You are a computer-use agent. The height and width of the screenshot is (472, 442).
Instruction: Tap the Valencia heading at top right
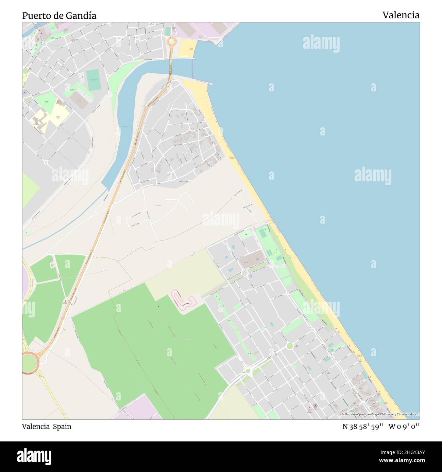click(x=401, y=15)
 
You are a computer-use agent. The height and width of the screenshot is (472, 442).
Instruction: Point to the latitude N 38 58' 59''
click(x=363, y=426)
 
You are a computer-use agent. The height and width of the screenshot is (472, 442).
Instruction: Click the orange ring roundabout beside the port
click(x=171, y=42)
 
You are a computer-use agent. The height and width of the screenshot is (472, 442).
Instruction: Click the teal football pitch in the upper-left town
click(x=92, y=80)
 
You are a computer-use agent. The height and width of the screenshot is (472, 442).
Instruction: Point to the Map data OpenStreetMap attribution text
click(x=380, y=414)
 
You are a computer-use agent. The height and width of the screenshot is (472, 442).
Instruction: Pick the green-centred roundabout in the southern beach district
click(x=290, y=346)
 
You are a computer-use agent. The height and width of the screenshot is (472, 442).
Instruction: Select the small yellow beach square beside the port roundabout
click(x=187, y=48)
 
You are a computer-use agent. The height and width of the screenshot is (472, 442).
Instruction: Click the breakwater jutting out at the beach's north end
click(x=198, y=81)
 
